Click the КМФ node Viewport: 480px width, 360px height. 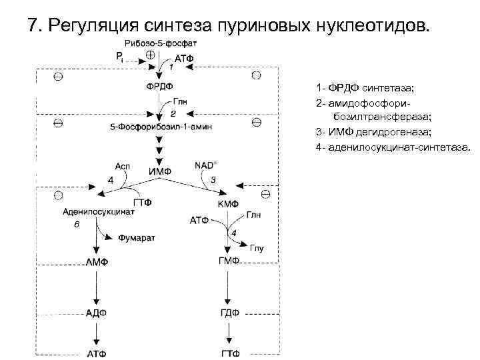[x=228, y=203]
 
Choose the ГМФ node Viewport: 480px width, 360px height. [x=229, y=261]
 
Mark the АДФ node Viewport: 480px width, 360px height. [x=97, y=313]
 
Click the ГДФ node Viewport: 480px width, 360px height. [x=229, y=313]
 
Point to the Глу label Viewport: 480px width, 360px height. [x=257, y=249]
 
